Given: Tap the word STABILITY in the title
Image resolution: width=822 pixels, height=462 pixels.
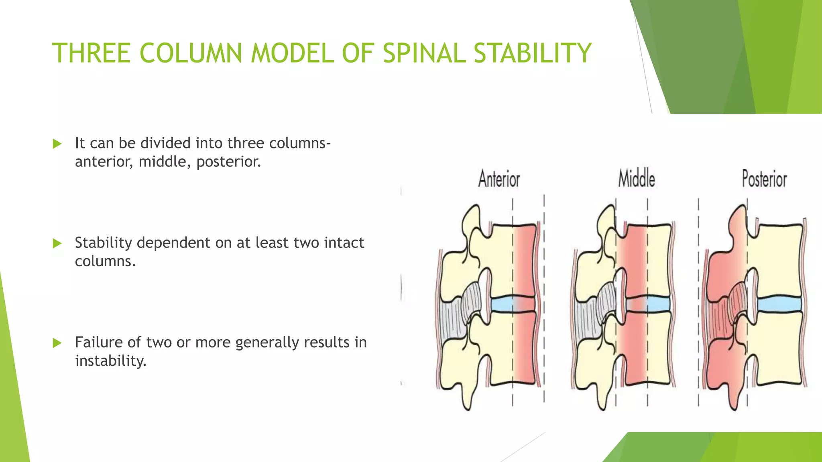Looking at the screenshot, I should [x=532, y=53].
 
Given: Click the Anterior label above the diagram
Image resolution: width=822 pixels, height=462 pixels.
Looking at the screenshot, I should [x=499, y=179].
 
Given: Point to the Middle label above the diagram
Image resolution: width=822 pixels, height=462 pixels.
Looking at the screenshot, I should [x=637, y=179].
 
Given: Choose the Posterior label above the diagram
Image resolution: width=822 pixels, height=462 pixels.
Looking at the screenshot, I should [x=764, y=179].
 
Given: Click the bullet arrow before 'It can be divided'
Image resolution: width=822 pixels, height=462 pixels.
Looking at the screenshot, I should [x=57, y=144].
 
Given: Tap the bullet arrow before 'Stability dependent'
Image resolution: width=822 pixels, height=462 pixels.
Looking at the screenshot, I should [x=57, y=243].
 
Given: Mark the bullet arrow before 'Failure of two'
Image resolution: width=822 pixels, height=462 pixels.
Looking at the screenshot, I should [x=57, y=343].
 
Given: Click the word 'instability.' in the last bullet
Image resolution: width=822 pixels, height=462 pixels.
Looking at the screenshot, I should [x=111, y=361].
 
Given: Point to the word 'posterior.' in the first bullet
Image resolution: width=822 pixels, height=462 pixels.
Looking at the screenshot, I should [x=228, y=162].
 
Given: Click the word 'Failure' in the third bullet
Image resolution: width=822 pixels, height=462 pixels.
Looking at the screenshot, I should [x=99, y=342].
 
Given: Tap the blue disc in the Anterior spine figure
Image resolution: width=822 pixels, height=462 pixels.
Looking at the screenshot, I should [x=502, y=305].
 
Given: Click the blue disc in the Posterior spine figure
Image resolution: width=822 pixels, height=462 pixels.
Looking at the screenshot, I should [x=779, y=305].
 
